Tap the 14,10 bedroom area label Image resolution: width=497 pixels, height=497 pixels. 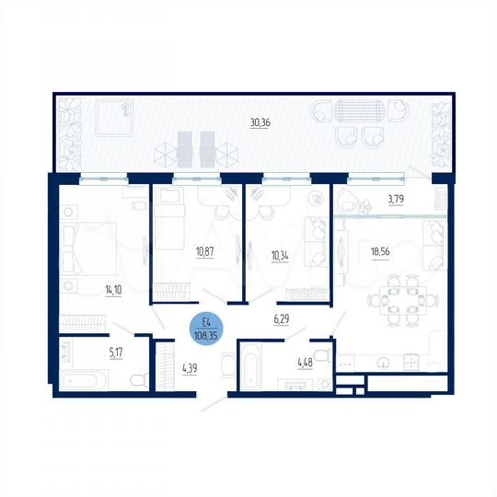coord(114,289)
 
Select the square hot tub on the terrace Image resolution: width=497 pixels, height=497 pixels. coord(114,115)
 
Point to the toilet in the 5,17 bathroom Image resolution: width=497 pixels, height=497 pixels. coord(136,379)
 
